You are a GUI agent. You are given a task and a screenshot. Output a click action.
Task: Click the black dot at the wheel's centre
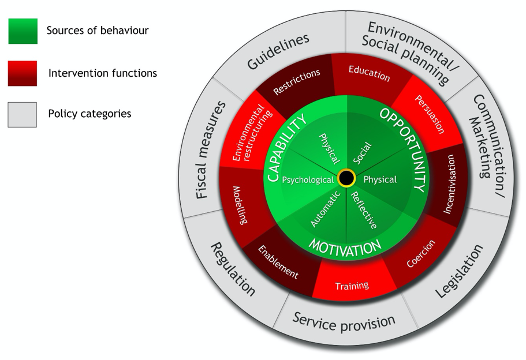click(346, 178)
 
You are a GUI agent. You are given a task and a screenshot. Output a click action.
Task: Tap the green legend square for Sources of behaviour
click(23, 31)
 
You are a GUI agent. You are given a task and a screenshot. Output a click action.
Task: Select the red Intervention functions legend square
click(23, 73)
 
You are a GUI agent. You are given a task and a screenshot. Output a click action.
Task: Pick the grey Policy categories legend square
click(22, 115)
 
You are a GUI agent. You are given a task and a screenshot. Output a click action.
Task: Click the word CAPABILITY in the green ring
click(286, 148)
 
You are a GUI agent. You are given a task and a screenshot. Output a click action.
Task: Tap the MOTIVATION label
click(345, 247)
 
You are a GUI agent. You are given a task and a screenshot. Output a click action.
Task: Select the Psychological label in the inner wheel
click(308, 180)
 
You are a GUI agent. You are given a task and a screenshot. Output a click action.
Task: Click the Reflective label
click(364, 210)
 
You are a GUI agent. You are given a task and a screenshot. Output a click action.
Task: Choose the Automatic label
click(326, 209)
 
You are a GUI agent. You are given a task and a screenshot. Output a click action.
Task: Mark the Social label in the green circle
click(363, 153)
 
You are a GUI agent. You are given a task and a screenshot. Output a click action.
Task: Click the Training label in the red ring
click(352, 286)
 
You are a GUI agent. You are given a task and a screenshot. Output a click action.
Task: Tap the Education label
click(370, 73)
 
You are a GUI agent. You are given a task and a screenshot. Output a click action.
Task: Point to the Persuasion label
click(430, 114)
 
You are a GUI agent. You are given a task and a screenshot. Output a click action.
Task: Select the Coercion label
click(421, 253)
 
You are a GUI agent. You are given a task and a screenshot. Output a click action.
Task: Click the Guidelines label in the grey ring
click(278, 51)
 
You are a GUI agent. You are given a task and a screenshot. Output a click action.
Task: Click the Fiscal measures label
click(210, 150)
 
